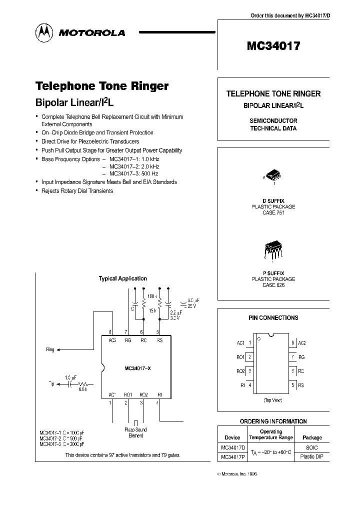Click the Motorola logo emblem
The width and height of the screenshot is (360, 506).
click(x=43, y=32)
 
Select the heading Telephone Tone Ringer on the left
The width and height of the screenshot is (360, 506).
click(x=101, y=86)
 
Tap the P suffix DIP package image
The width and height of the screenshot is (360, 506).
click(x=272, y=248)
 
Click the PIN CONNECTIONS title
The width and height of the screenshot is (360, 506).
click(x=273, y=317)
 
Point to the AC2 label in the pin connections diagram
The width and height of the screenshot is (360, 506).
click(x=302, y=343)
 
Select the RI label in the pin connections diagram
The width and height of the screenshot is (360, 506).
click(x=242, y=385)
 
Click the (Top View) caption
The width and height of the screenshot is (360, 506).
click(x=273, y=400)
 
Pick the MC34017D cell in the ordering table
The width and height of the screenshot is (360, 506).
click(x=233, y=447)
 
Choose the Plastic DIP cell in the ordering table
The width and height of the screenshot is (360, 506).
click(x=312, y=457)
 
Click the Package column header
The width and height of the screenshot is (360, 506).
click(x=312, y=437)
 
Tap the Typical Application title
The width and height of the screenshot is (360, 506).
click(x=123, y=278)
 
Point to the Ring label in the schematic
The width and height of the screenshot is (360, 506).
click(x=50, y=350)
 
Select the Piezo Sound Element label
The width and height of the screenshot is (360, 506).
click(x=135, y=432)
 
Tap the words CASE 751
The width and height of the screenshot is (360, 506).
click(x=273, y=212)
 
